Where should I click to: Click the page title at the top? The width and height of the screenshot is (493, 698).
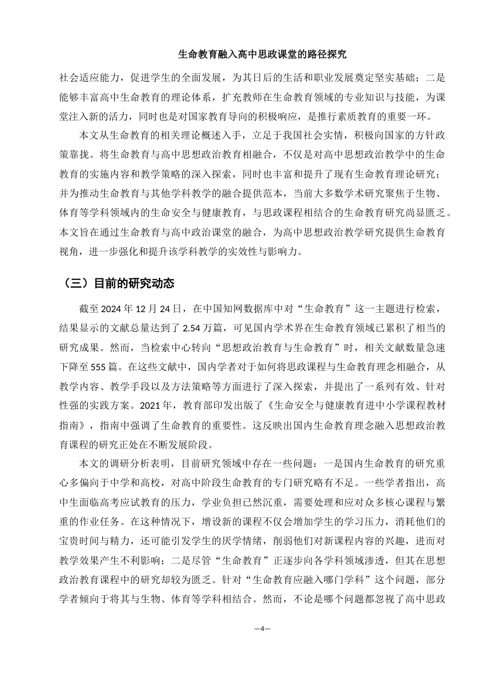pos(262,53)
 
